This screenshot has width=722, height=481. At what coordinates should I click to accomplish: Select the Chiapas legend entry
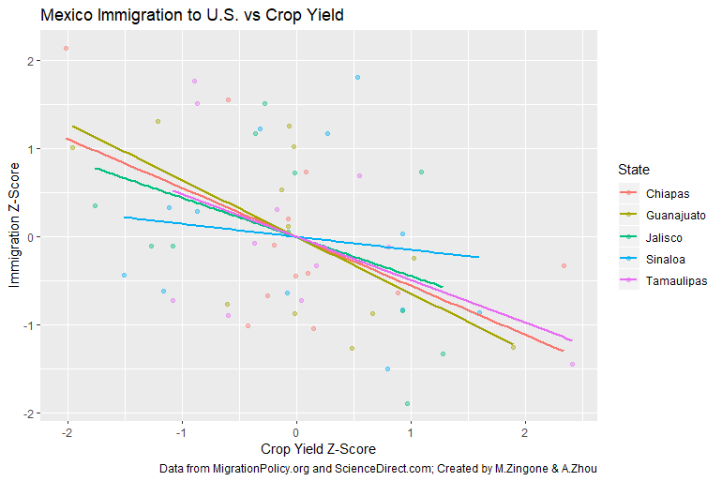[668, 194]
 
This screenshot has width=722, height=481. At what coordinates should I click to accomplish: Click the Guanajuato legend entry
[675, 216]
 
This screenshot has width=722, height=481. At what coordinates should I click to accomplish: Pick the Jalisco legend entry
[665, 237]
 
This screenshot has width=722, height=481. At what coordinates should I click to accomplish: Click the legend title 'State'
[634, 170]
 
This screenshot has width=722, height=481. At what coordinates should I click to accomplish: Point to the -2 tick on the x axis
[67, 433]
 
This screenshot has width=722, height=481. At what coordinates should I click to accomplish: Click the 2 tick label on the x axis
[525, 433]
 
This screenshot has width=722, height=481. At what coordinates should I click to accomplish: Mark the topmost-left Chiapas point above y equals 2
[66, 48]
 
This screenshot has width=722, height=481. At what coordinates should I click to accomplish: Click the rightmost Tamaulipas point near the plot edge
[572, 364]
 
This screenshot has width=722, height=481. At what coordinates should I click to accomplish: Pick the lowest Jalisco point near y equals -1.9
[407, 403]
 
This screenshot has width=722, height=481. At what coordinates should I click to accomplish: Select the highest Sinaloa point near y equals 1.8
[357, 77]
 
